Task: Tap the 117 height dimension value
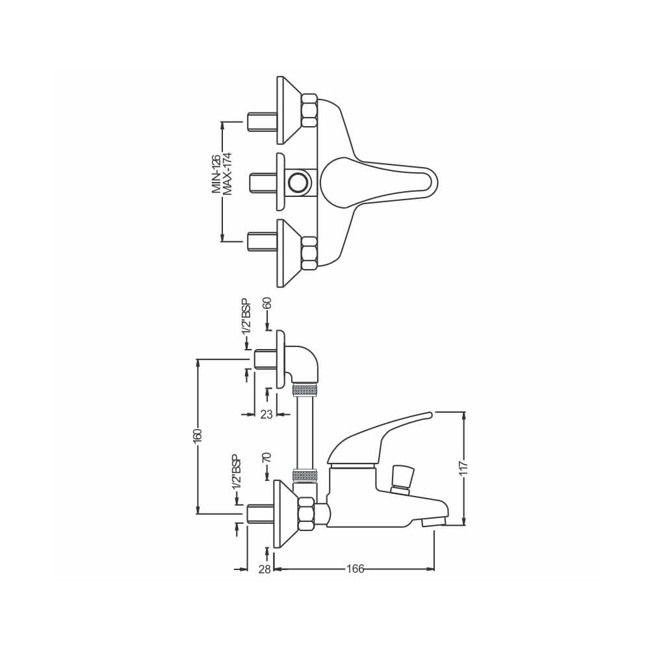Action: coord(463,468)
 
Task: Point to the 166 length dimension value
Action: coord(354,569)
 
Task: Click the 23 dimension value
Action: coord(266,414)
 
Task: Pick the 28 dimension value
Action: coord(265,569)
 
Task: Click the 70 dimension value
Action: coord(266,459)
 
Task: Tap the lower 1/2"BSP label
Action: coord(236,472)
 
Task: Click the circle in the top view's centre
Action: coord(299,181)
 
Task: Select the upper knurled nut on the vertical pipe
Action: coord(305,390)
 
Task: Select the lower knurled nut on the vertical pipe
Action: coord(305,474)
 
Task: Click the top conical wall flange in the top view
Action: coord(289,110)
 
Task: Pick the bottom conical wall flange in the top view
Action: coord(289,252)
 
